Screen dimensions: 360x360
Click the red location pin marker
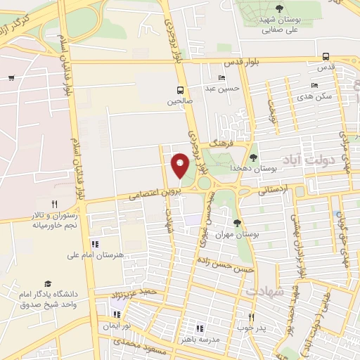(180, 166)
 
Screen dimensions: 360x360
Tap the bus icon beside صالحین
(181, 90)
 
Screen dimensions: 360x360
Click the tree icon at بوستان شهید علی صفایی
(280, 8)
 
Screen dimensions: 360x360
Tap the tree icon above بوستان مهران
(236, 223)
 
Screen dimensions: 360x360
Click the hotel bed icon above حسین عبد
(223, 78)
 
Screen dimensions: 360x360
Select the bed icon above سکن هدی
(314, 86)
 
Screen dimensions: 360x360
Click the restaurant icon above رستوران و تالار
(54, 205)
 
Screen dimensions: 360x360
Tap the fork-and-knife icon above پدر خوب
(251, 317)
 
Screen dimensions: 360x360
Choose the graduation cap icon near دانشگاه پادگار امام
(48, 283)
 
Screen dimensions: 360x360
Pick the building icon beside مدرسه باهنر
(199, 328)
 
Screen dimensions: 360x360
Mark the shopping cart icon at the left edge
(11, 77)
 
